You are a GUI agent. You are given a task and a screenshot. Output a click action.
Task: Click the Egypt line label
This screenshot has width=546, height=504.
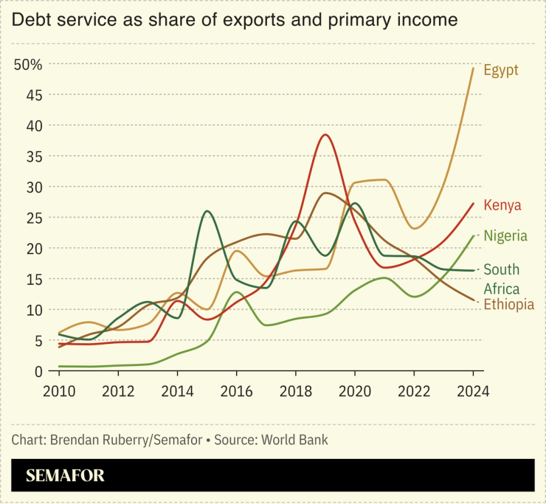tap(501, 70)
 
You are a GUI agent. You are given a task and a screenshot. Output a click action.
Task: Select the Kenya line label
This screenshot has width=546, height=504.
tap(502, 205)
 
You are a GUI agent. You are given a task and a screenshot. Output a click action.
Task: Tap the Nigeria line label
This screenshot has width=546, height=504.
tap(505, 236)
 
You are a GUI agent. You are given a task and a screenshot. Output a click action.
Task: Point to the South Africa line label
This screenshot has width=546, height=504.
tap(502, 279)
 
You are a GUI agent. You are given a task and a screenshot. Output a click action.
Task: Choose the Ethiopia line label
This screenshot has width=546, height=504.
tap(508, 304)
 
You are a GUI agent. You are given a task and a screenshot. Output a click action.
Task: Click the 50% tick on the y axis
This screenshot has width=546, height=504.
tap(28, 64)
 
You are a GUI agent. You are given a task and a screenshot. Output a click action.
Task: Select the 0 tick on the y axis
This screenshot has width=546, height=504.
tap(38, 371)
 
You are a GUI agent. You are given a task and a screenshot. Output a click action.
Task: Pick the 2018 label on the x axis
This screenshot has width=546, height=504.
tap(295, 390)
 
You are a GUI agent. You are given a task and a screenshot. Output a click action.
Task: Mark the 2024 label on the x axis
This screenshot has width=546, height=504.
tap(472, 390)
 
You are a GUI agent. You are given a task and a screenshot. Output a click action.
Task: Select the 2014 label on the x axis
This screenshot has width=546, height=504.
tap(177, 390)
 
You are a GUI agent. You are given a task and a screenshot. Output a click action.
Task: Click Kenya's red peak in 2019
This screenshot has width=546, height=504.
tap(325, 135)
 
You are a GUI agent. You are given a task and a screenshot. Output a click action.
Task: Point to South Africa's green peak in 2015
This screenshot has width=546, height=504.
tap(207, 212)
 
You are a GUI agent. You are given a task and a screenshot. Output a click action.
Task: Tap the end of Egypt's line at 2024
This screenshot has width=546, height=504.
tap(472, 68)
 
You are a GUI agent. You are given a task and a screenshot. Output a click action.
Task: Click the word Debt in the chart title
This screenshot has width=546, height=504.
tap(30, 20)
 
